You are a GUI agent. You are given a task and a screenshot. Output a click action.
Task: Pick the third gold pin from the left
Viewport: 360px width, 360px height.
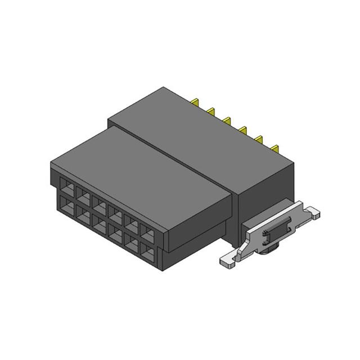(x=227, y=120)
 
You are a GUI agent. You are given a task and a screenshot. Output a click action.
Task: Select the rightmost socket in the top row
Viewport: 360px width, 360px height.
(x=147, y=233)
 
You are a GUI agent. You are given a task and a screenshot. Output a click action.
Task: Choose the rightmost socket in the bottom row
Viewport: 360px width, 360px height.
(x=147, y=252)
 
